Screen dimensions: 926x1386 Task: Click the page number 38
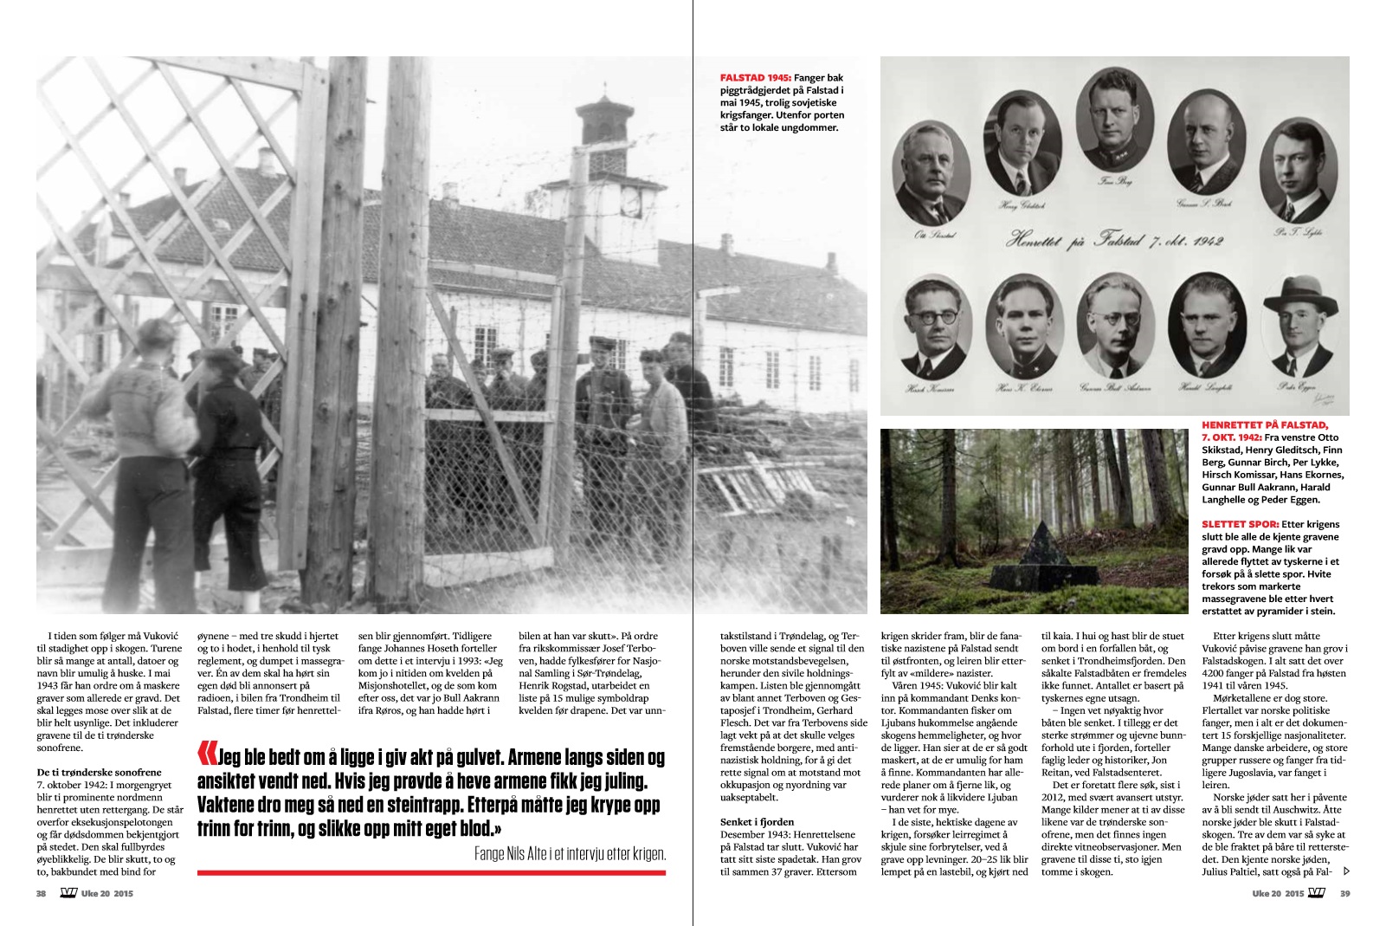[x=41, y=894]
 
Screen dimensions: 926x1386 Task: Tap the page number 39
[x=1344, y=894]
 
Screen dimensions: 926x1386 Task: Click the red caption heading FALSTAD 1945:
[x=755, y=78]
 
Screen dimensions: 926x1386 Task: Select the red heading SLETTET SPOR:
[x=1240, y=524]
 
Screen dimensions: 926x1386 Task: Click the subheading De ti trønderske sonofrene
[x=99, y=772]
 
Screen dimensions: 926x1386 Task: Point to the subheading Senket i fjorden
[x=757, y=822]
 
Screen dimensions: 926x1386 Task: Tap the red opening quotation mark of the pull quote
[x=206, y=755]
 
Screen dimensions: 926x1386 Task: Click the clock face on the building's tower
[x=630, y=202]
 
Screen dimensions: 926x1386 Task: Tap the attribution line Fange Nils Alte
[x=570, y=853]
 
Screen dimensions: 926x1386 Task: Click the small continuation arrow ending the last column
[x=1345, y=871]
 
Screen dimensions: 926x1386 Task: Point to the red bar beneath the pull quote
[x=431, y=872]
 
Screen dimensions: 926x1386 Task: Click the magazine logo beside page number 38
[x=68, y=894]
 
